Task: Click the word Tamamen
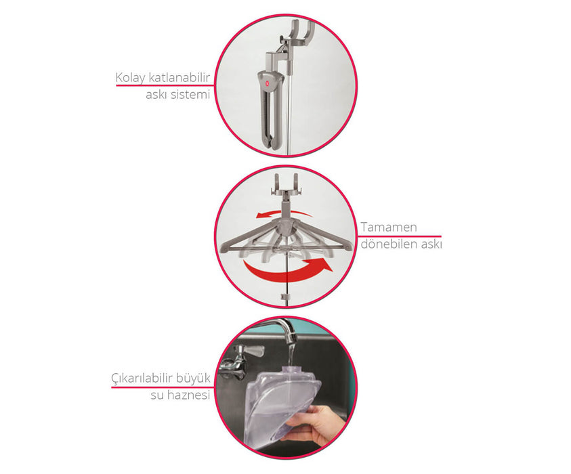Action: (389, 227)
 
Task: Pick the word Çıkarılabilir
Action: (142, 379)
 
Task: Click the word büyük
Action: (193, 379)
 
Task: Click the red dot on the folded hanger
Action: (266, 83)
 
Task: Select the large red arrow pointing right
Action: (288, 270)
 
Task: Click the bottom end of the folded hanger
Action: (270, 146)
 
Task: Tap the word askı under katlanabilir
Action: (154, 95)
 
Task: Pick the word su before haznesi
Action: (156, 395)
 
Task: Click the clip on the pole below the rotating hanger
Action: (284, 297)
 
